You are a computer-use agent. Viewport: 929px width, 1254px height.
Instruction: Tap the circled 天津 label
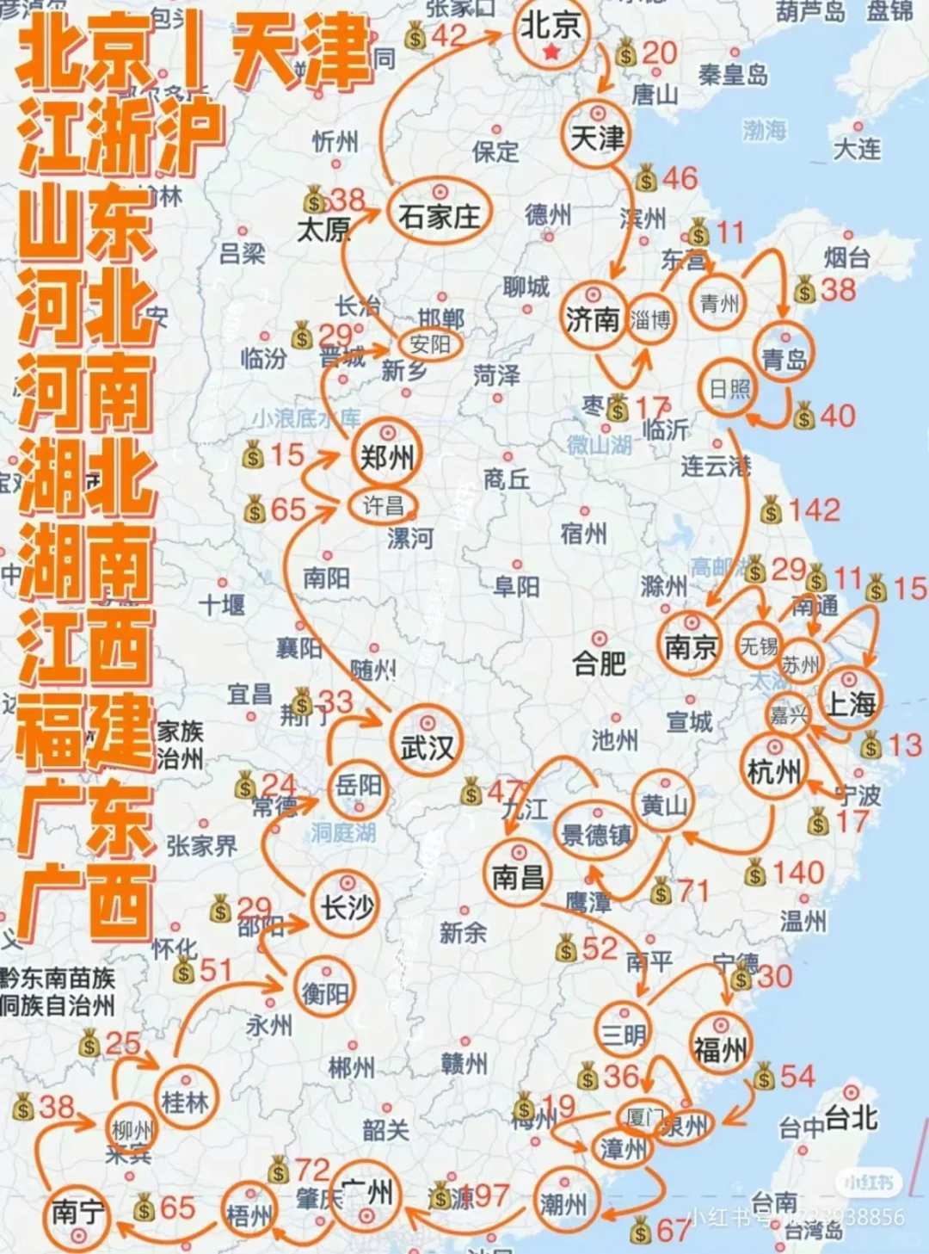point(598,137)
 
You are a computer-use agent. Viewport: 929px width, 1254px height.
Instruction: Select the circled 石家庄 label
point(439,215)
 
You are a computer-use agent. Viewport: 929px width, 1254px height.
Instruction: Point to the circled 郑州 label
point(386,457)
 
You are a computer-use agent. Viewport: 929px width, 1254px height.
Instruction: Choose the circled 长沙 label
point(348,906)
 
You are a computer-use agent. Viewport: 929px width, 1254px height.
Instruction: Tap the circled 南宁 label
point(77,1213)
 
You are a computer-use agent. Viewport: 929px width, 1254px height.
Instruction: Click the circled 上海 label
point(851,704)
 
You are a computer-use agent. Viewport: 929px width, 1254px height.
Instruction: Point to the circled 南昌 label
point(518,877)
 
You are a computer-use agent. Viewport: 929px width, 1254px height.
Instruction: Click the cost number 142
point(813,510)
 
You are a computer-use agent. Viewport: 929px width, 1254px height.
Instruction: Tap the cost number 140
point(798,874)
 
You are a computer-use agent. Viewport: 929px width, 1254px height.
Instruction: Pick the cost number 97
point(491,1195)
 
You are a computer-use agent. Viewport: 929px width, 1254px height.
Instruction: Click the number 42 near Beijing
point(448,36)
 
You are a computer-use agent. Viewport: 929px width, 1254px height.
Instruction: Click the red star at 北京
point(551,53)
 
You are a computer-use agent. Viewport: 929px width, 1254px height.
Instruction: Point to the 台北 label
point(851,1118)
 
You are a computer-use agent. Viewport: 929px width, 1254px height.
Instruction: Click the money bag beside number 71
point(661,892)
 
